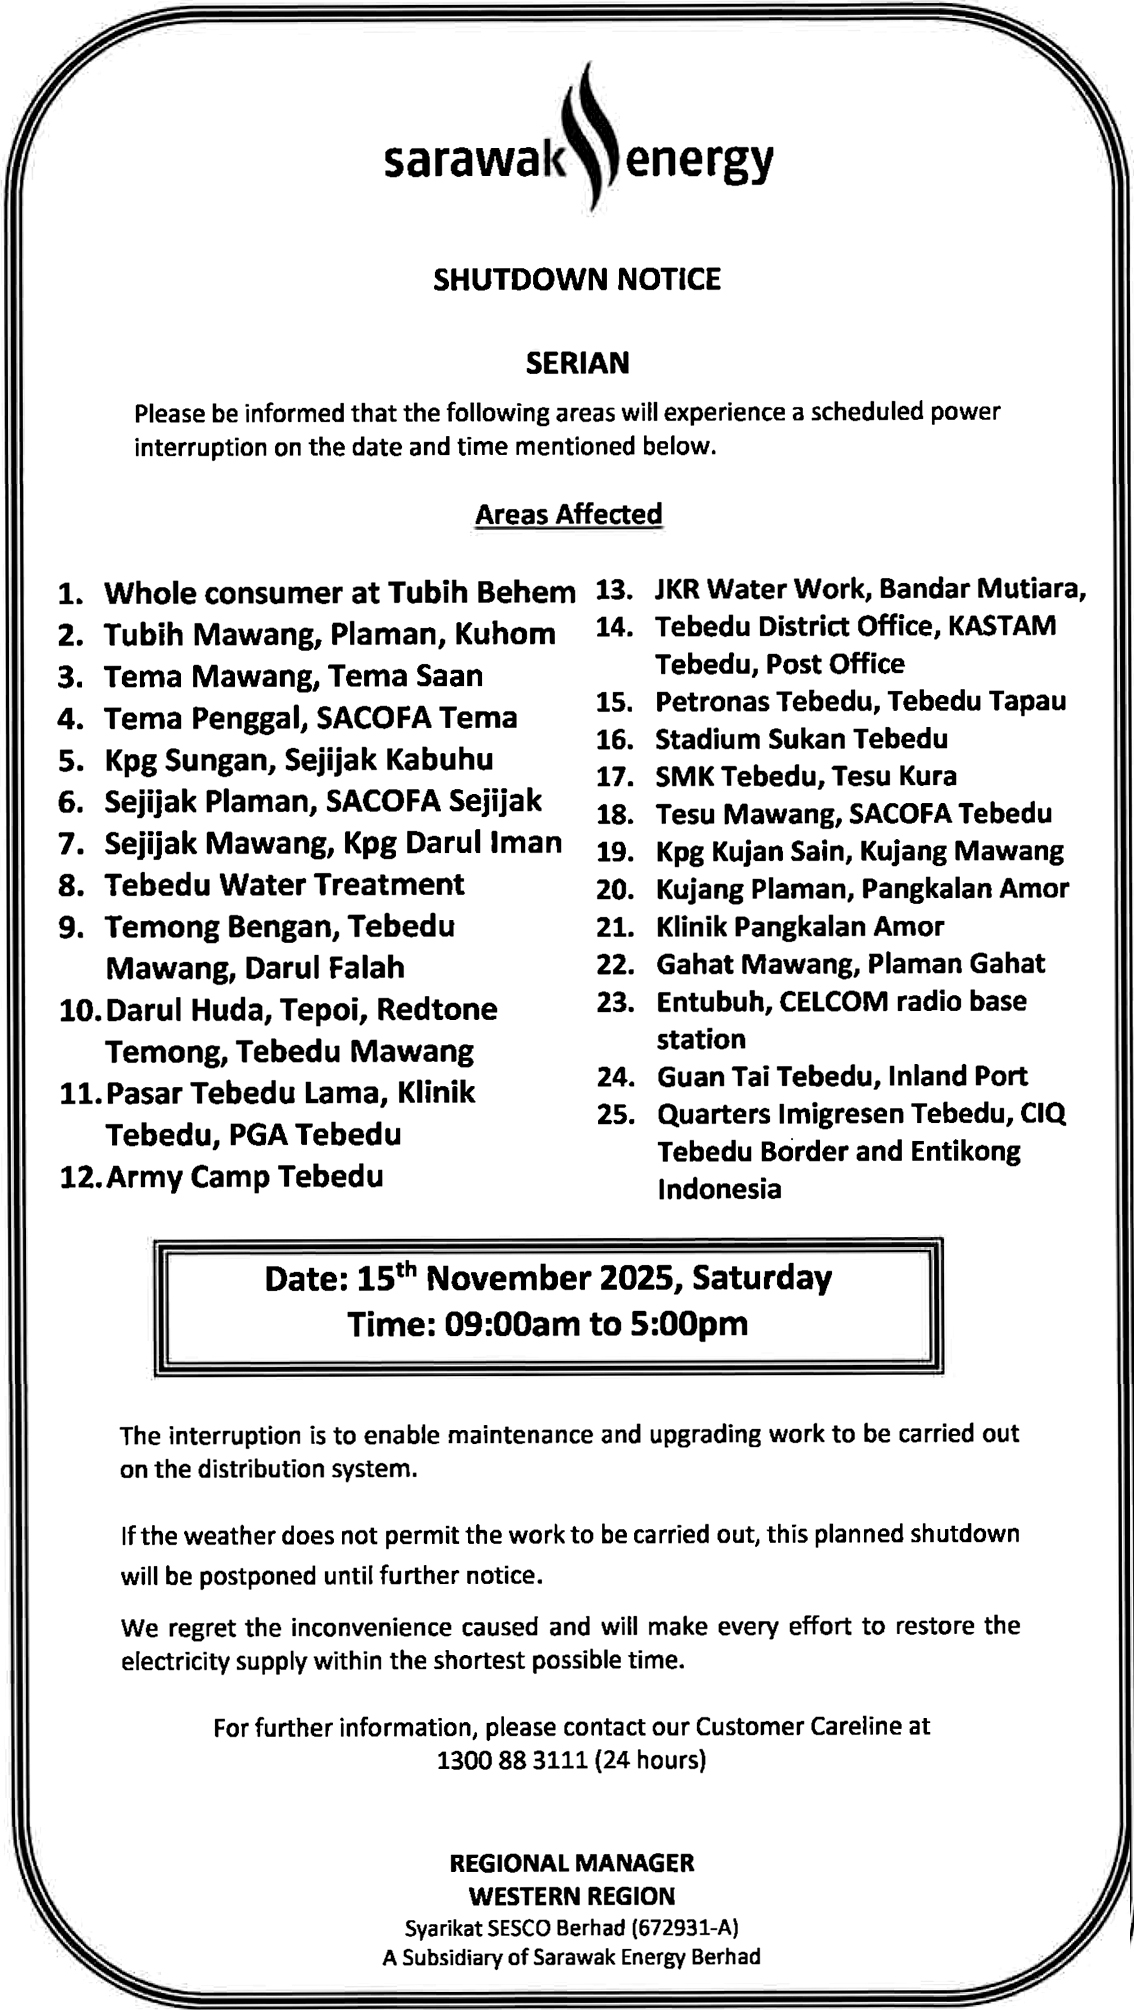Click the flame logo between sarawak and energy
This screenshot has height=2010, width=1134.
(592, 140)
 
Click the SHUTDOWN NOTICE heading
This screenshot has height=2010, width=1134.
(577, 279)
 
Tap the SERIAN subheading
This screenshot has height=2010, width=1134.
(577, 362)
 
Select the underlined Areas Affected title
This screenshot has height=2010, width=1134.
(568, 514)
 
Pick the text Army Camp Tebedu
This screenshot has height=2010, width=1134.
(245, 1176)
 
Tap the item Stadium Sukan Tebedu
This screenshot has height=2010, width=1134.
(802, 739)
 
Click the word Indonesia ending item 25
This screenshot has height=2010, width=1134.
(719, 1189)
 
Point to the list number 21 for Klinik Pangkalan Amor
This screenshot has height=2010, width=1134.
(616, 927)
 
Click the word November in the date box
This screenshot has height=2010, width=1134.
(510, 1278)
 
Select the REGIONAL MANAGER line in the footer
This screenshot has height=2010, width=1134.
(572, 1863)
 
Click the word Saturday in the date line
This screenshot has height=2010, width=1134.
(762, 1278)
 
